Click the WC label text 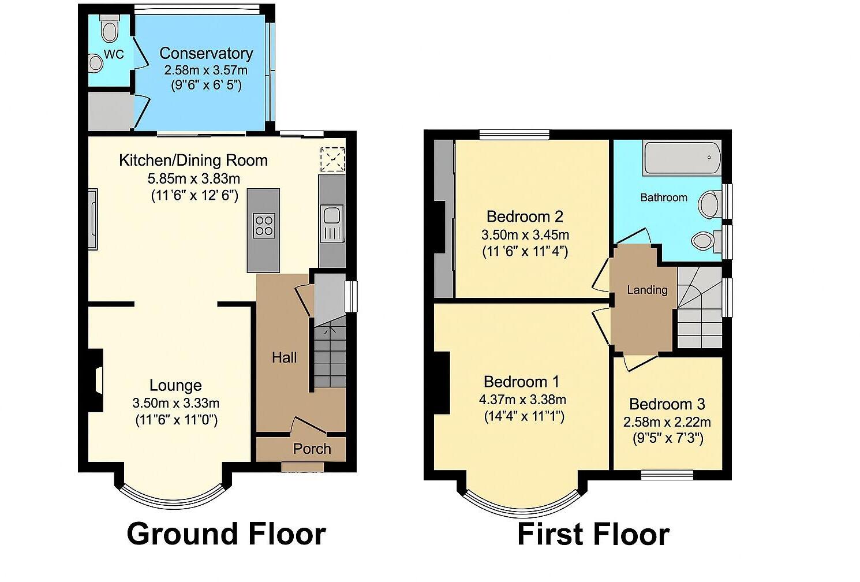pos(114,55)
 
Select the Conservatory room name pos(206,53)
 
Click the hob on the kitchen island pos(264,225)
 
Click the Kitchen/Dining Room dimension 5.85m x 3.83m pos(193,178)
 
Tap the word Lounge pos(175,385)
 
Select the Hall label pos(284,357)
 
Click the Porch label pos(312,449)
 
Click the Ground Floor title pos(226,533)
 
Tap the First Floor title pos(593,533)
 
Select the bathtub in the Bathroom pos(682,158)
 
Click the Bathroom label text pos(664,197)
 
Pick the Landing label pos(647,290)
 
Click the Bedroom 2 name pos(525,217)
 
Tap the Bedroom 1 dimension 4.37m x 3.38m pos(522,399)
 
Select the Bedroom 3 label pos(667,404)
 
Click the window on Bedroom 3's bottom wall pos(667,475)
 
